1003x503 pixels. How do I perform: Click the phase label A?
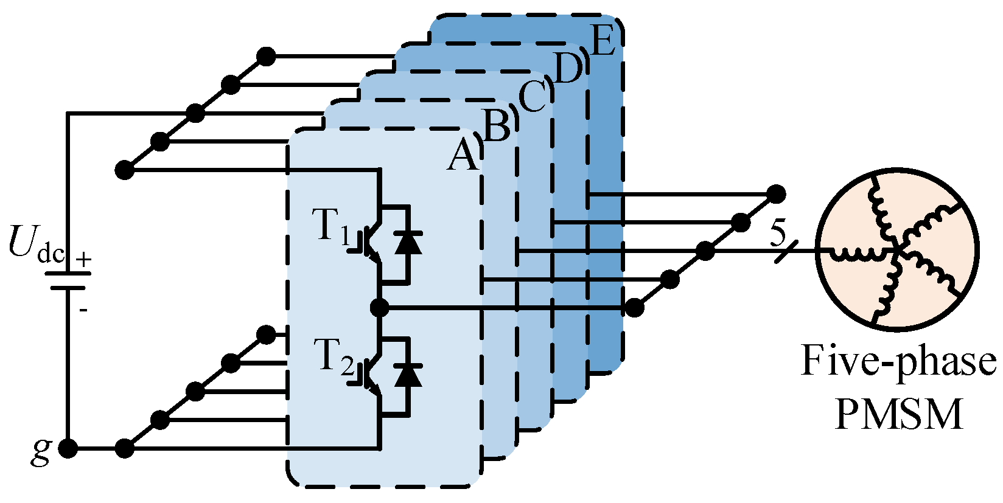click(x=463, y=157)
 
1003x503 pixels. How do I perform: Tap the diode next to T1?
click(x=408, y=243)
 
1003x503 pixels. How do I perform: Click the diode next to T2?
click(x=408, y=375)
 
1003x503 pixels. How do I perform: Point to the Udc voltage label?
click(x=37, y=243)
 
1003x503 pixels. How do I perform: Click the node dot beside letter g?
click(x=68, y=449)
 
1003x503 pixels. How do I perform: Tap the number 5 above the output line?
click(x=778, y=234)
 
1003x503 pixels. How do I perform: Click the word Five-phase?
click(x=898, y=361)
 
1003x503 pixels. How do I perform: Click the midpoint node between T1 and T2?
click(x=380, y=308)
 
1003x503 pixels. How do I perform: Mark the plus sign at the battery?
click(x=83, y=260)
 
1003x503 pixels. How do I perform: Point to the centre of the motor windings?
click(x=898, y=249)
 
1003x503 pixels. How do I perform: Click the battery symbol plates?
click(x=68, y=280)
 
